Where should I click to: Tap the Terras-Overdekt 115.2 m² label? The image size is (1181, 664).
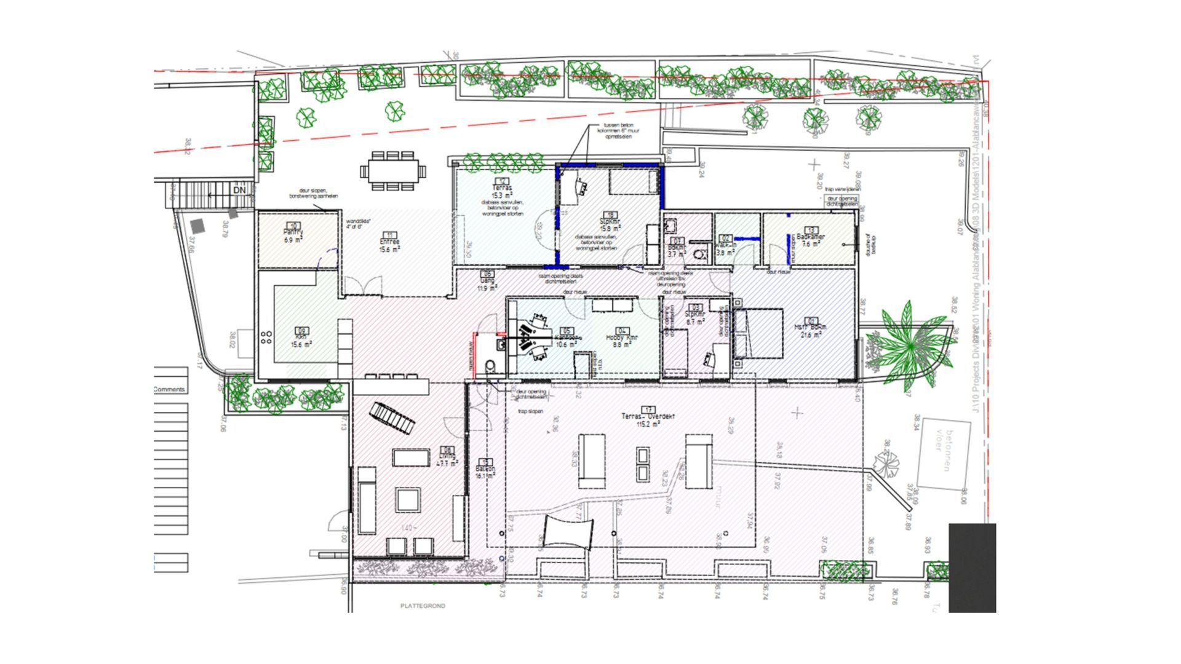click(x=648, y=416)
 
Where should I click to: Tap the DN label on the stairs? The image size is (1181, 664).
click(x=239, y=191)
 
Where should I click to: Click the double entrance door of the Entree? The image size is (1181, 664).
click(x=362, y=286)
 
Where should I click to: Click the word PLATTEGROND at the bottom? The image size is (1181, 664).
click(x=423, y=606)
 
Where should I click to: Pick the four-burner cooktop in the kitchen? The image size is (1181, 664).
click(x=267, y=337)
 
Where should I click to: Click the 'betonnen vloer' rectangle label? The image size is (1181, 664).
click(x=943, y=453)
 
